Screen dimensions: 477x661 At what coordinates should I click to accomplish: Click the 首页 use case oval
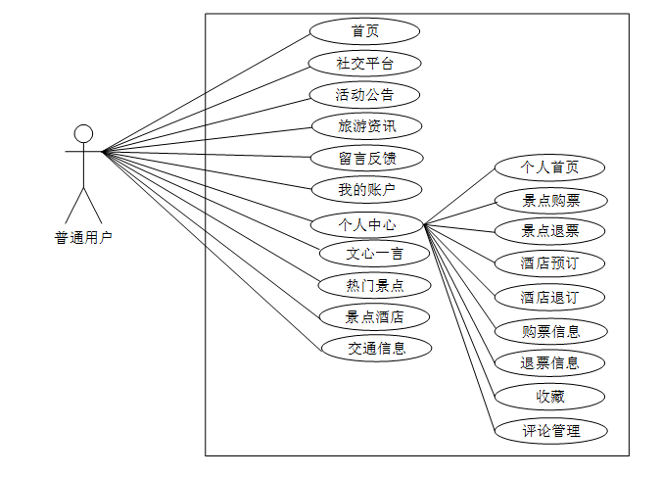tap(364, 31)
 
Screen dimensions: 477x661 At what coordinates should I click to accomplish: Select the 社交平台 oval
tap(364, 64)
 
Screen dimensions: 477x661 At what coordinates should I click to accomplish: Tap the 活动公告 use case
tap(364, 95)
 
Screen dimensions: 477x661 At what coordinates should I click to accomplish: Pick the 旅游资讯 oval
tap(366, 126)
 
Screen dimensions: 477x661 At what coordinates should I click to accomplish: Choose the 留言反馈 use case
tap(366, 158)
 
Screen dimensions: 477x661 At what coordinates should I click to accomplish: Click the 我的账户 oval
tap(366, 189)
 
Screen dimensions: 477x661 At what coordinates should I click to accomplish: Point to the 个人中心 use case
tap(366, 225)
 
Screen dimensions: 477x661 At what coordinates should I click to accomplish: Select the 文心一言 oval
tap(374, 255)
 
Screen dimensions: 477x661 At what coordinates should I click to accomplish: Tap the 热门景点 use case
tap(374, 286)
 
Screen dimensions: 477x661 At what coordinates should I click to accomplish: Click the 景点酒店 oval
tap(374, 317)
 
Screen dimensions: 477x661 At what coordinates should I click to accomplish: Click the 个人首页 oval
tap(549, 167)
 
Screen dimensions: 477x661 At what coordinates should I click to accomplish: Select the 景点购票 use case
tap(549, 201)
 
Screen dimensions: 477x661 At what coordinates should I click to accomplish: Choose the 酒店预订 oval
tap(549, 263)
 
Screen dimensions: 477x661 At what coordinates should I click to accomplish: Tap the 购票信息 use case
tap(549, 331)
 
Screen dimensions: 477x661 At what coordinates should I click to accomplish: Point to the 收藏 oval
tap(549, 397)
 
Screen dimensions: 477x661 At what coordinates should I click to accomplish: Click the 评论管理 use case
tap(549, 430)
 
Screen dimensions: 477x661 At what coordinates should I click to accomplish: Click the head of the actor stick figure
tap(84, 133)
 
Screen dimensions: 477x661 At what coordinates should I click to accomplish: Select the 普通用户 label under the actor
tap(83, 237)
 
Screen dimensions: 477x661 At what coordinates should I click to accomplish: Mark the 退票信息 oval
tap(549, 363)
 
